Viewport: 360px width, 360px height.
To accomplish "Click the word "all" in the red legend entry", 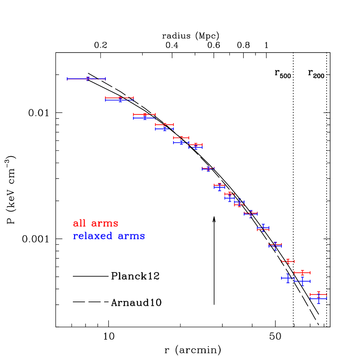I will (80, 224).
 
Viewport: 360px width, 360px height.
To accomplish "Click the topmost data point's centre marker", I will (88, 79).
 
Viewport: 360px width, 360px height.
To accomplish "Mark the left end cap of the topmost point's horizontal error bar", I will (67, 79).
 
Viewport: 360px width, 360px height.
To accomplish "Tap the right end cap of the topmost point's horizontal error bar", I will (105, 79).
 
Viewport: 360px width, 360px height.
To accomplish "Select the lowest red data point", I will (318, 295).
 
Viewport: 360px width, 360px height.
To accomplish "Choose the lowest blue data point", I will (318, 298).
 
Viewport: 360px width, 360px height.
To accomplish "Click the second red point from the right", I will (302, 273).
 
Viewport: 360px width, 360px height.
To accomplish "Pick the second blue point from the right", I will (302, 281).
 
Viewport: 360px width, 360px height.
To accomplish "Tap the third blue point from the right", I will (288, 278).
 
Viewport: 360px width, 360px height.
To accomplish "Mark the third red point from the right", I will (288, 261).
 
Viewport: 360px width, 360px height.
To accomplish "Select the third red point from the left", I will (144, 115).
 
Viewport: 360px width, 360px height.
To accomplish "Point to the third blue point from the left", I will (144, 118).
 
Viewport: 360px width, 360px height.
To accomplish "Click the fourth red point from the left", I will (164, 124).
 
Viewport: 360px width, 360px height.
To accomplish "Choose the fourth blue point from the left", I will (164, 129).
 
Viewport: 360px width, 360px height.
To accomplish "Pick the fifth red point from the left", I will (181, 137).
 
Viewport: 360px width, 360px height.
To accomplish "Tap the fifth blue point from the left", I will (181, 142).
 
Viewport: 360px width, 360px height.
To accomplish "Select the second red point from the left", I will (120, 98).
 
